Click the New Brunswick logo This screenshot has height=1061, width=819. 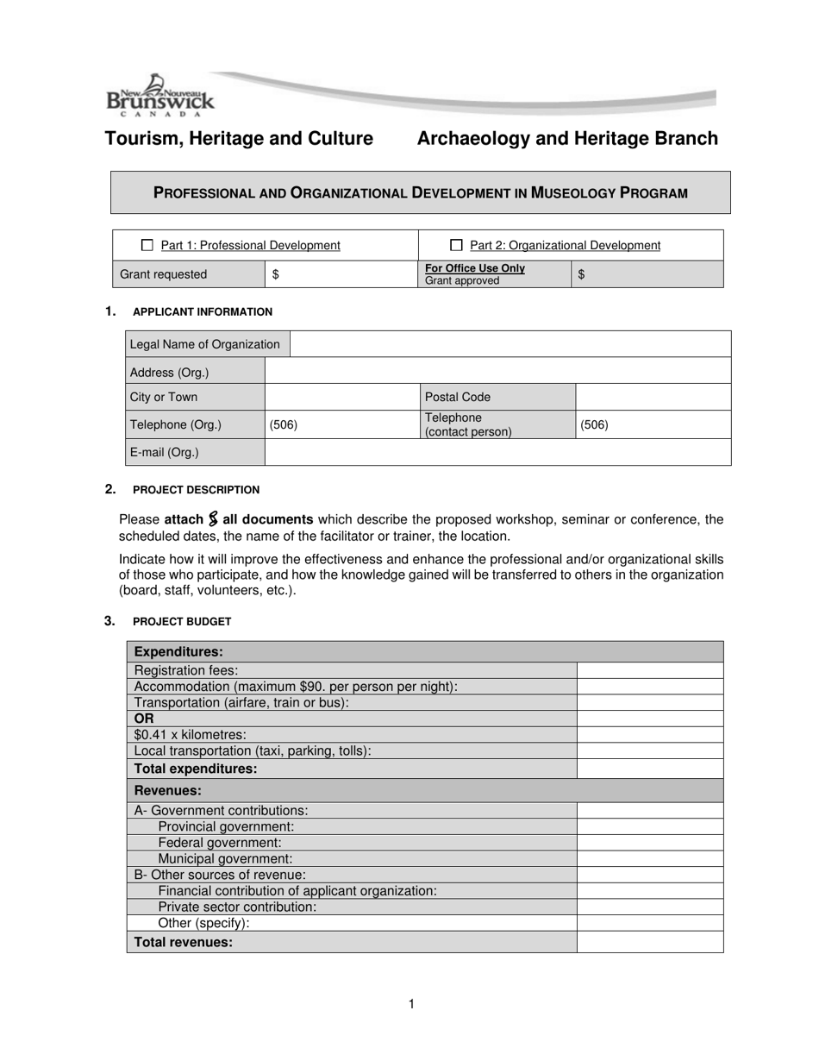coord(159,96)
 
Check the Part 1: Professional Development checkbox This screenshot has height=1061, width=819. coord(147,245)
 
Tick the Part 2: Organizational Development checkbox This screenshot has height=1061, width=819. coord(457,245)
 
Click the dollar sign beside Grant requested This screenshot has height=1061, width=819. coord(275,274)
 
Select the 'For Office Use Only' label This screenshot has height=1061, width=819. coord(474,268)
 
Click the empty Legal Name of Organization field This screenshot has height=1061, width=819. coord(510,344)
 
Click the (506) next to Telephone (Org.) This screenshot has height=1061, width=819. coord(284,424)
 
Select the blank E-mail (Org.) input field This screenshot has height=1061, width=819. coord(497,452)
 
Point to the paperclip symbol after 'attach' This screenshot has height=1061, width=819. coord(213,519)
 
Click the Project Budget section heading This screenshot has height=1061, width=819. coord(182,621)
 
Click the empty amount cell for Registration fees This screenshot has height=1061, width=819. coord(649,670)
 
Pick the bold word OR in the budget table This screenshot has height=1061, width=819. coord(144,718)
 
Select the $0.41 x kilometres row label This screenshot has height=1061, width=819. coord(191,734)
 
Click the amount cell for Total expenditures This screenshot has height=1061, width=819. coord(649,769)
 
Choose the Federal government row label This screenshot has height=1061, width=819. coord(219,843)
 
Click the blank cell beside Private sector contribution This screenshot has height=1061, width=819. coord(649,907)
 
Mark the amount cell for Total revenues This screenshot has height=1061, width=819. coord(649,942)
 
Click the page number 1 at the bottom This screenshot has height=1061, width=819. coord(411,1003)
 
